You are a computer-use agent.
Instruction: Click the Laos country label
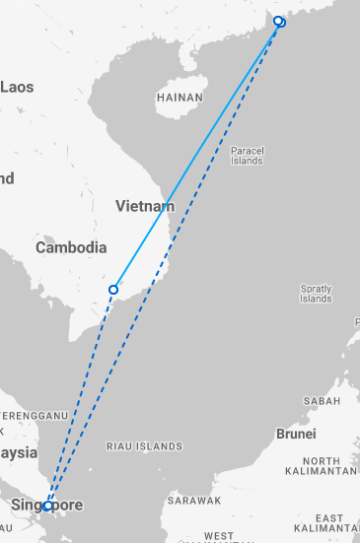coord(17,87)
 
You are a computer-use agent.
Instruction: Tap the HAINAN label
coord(180,98)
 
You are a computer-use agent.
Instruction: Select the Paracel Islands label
coord(247,156)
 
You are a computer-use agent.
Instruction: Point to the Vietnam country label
coord(144,207)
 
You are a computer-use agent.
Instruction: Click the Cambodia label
coord(71,247)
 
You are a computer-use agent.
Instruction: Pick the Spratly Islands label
coord(317,293)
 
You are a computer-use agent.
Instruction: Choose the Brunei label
coord(296,434)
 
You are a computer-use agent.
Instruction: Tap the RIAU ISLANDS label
coord(143,445)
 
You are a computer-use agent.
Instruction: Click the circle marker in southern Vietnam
coord(113,290)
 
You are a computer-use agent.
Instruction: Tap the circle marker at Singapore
coord(47,506)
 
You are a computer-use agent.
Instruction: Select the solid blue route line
coord(197,155)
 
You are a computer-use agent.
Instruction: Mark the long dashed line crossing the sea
coord(168,256)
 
